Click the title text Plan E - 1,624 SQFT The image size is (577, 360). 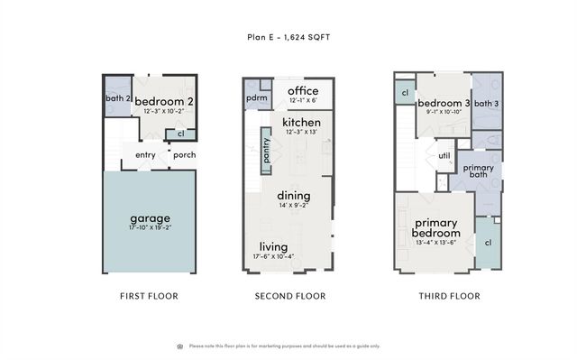[288, 38]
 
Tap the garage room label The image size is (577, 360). [150, 218]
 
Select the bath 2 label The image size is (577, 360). [118, 97]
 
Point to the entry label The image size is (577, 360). [146, 154]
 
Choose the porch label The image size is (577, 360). [184, 154]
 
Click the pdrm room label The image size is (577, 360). [256, 97]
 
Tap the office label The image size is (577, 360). [302, 90]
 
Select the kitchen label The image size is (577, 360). [301, 122]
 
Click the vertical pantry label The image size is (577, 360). [266, 147]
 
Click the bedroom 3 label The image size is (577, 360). [443, 104]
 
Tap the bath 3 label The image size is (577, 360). [486, 104]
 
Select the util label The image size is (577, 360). [444, 155]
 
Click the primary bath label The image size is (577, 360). [478, 172]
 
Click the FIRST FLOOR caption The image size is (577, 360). [149, 296]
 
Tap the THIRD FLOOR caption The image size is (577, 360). [449, 296]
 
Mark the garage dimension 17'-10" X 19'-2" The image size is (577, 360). [150, 229]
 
